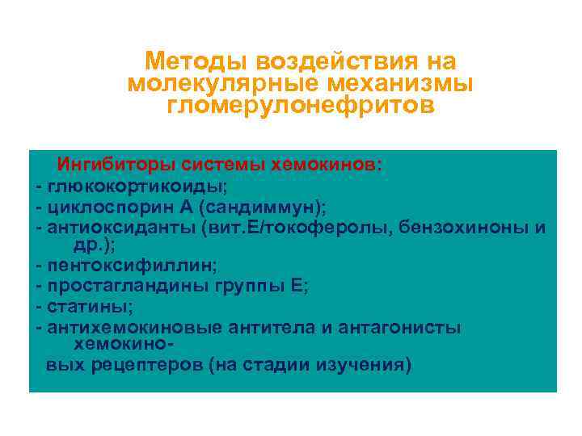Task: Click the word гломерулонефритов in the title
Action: click(x=301, y=107)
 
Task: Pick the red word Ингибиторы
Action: click(x=109, y=165)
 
